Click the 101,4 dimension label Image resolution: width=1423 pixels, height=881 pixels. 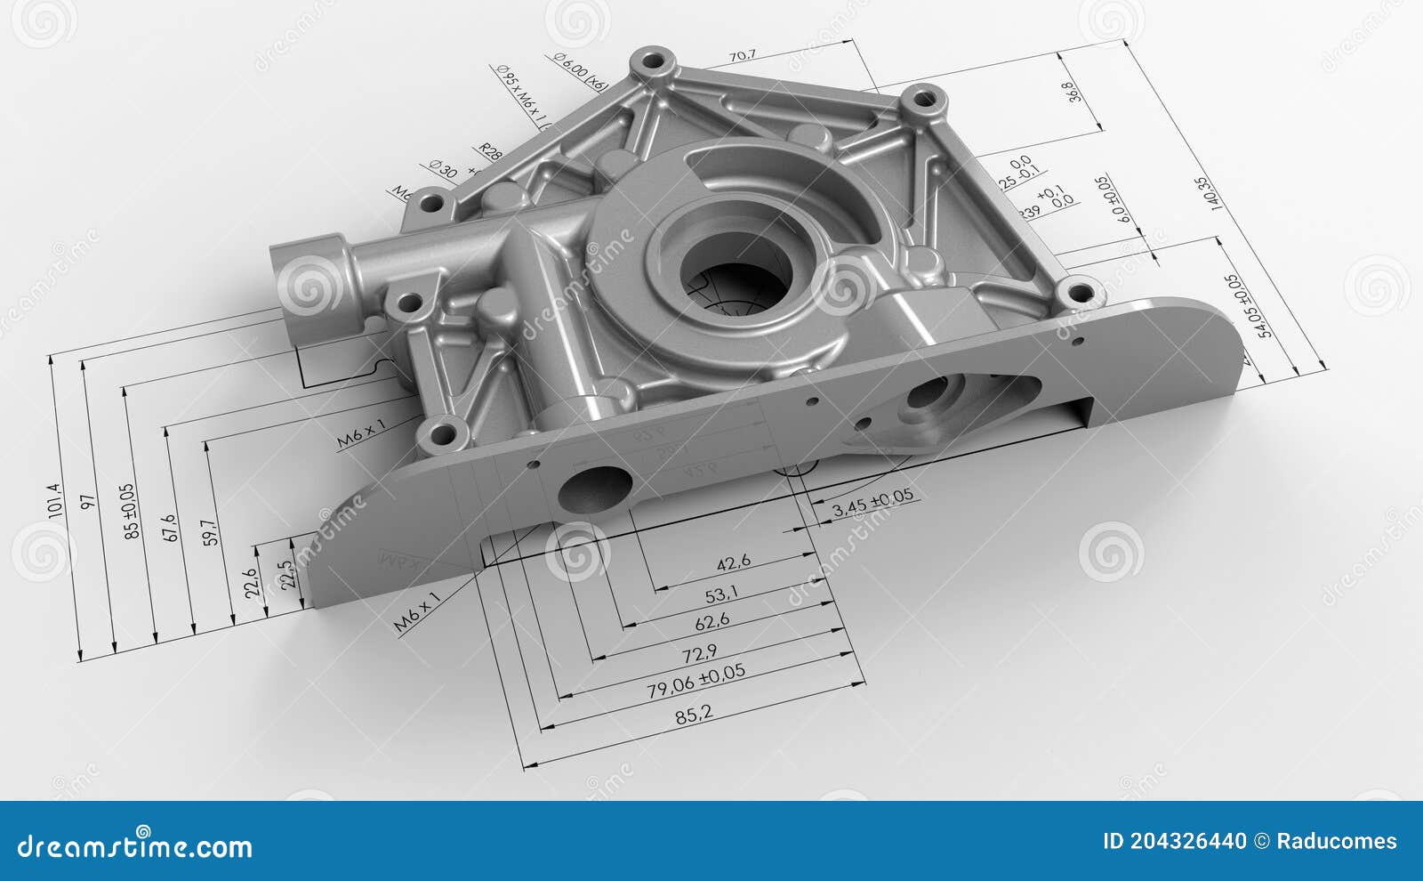(x=55, y=500)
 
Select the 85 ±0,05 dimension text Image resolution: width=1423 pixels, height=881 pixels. (x=131, y=512)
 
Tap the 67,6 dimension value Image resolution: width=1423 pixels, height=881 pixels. (x=171, y=527)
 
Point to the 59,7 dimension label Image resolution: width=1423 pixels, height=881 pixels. (x=211, y=532)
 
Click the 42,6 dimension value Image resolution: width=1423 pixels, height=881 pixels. (x=734, y=562)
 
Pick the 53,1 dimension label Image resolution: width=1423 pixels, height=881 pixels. (x=720, y=593)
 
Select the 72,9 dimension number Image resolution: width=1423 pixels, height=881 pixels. (x=699, y=654)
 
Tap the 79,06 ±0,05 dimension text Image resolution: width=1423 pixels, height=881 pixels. (x=695, y=682)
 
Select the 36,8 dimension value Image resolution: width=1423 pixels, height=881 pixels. (x=1073, y=92)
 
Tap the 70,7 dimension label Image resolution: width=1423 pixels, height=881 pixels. (x=743, y=56)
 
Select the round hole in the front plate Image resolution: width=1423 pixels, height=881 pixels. (x=594, y=489)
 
